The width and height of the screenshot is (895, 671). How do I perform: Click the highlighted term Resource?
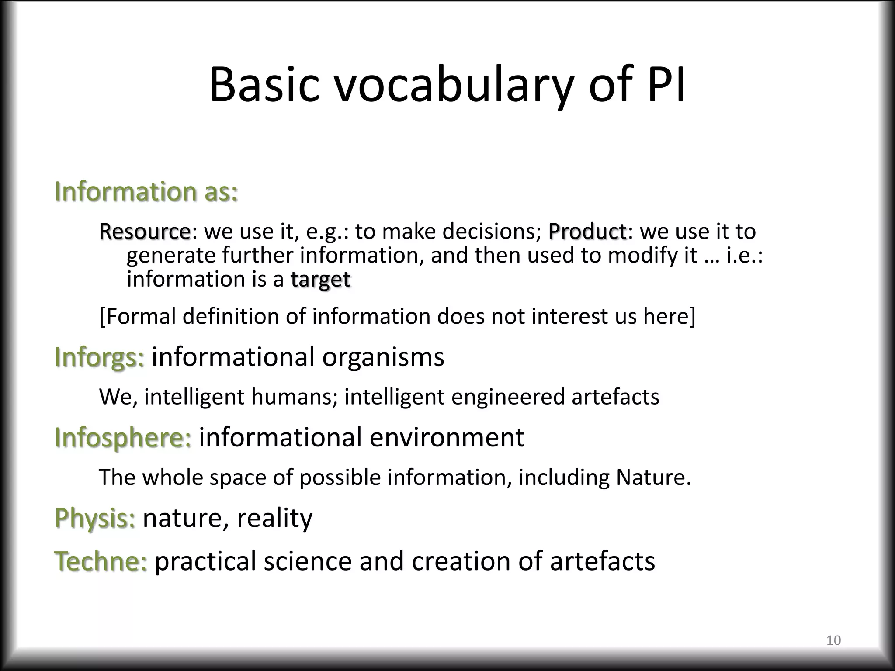click(x=145, y=231)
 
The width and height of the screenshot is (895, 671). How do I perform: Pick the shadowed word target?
click(x=320, y=279)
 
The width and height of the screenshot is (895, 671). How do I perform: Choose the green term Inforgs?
click(x=99, y=357)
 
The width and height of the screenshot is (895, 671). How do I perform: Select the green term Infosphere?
click(x=123, y=437)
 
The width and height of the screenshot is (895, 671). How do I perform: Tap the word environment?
click(x=447, y=437)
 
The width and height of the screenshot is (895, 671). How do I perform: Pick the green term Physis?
click(x=95, y=518)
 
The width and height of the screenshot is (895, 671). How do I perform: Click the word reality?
click(x=274, y=518)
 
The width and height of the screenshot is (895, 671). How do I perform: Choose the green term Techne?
click(x=101, y=561)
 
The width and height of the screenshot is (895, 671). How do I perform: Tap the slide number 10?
click(x=833, y=640)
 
